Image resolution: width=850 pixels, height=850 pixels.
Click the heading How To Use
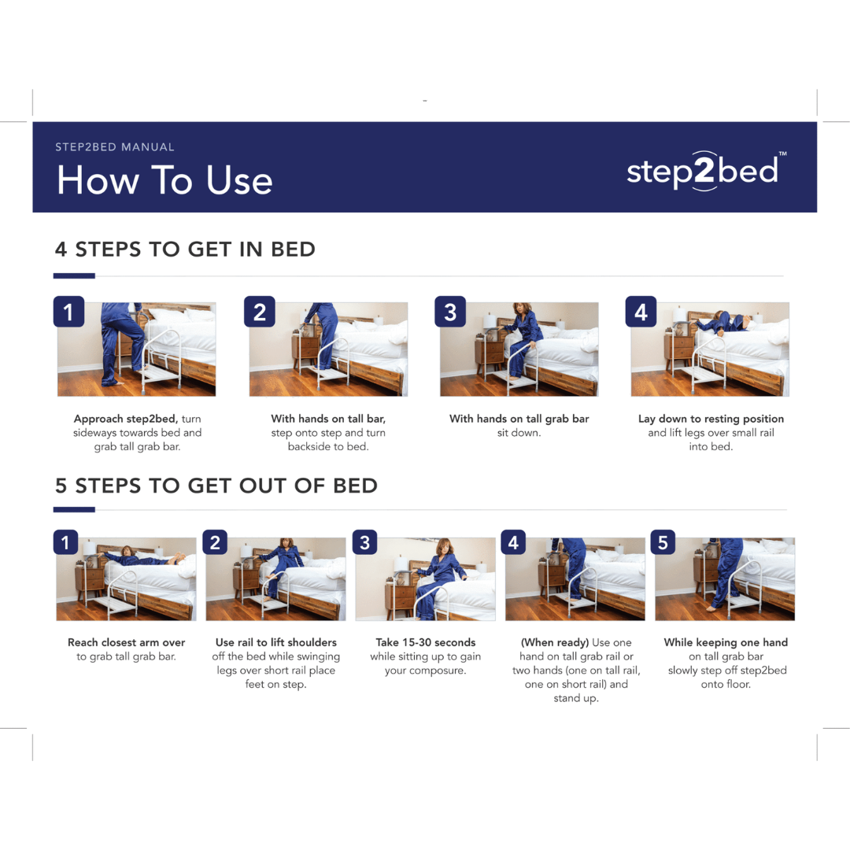(164, 180)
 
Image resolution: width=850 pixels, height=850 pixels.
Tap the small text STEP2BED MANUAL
(115, 147)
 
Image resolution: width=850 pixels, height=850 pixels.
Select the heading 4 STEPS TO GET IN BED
(185, 249)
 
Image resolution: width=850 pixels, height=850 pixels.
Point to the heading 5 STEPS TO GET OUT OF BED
(216, 486)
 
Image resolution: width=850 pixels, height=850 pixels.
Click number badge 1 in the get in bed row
(68, 312)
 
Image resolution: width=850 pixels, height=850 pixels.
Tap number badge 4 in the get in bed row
(641, 312)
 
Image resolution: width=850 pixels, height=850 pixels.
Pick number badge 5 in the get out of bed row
(663, 542)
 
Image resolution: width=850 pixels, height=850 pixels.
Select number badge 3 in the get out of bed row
(365, 542)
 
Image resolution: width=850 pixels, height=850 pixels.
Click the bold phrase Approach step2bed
(126, 419)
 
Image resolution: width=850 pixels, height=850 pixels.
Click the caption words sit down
(519, 433)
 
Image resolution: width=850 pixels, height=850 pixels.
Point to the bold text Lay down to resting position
(711, 419)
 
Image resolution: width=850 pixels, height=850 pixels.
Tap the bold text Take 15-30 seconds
(426, 642)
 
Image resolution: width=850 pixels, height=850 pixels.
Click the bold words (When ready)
(555, 642)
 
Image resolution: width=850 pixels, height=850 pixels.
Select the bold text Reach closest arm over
(126, 642)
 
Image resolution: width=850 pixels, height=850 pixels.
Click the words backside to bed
(328, 447)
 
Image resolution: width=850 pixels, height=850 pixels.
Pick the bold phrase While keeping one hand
(726, 642)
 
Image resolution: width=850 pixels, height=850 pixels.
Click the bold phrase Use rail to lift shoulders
(276, 642)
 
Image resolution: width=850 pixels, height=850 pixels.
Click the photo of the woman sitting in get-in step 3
(519, 349)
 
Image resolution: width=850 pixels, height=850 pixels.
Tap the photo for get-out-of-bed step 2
(276, 579)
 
